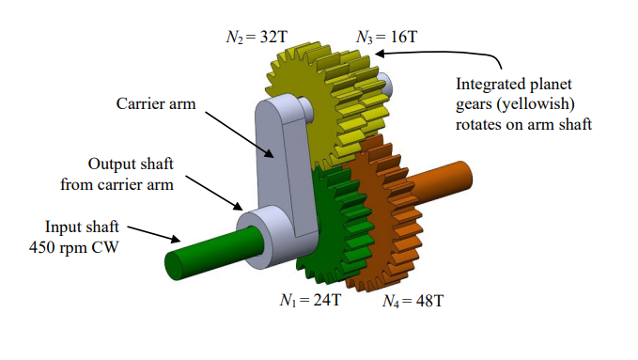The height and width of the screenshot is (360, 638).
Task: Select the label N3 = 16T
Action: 386,38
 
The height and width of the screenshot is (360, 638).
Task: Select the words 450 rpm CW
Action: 83,245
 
